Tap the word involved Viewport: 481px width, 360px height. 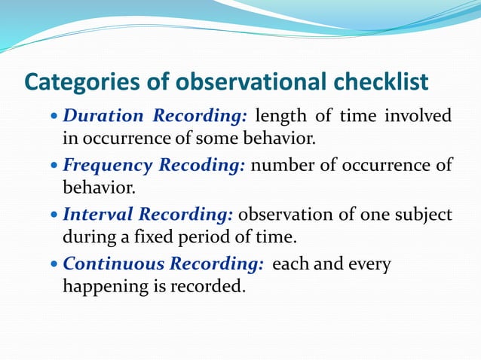click(x=418, y=117)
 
